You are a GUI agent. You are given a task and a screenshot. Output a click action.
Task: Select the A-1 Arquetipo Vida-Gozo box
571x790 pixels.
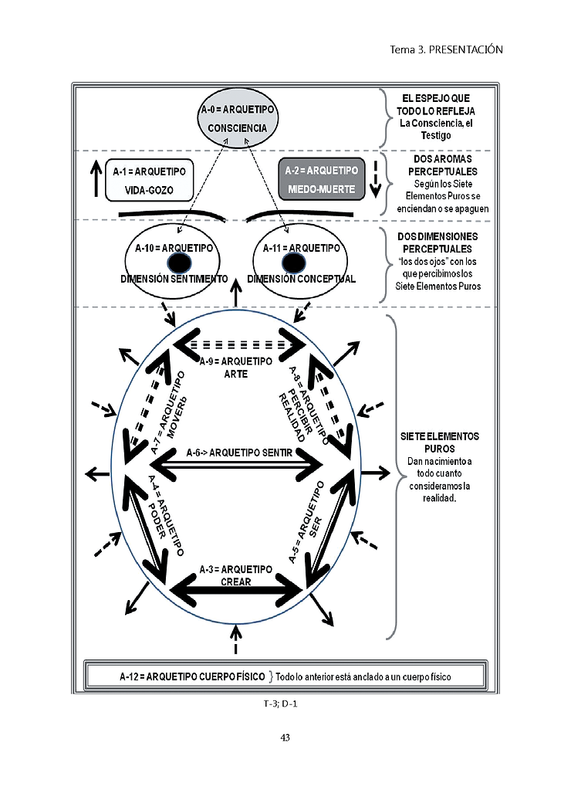150,181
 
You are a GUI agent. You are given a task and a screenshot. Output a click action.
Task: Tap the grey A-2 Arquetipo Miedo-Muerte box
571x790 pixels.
321,179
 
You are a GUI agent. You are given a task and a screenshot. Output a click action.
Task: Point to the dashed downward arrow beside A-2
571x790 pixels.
376,179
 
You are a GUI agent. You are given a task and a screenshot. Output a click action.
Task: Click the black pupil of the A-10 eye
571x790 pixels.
179,263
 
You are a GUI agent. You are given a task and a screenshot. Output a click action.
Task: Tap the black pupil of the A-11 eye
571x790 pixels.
293,263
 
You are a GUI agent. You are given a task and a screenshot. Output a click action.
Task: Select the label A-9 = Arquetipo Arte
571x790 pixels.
235,368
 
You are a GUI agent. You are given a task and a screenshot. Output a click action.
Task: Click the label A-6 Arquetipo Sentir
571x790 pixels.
239,453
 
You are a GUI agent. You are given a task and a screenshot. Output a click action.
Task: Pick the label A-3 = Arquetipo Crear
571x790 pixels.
235,575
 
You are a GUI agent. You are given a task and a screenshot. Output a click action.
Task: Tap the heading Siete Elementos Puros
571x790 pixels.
440,442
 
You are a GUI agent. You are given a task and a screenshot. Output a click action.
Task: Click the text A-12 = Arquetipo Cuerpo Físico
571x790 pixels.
192,676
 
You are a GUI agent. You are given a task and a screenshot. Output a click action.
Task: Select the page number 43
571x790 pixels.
285,737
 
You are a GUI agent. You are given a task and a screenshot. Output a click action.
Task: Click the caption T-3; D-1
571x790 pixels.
280,704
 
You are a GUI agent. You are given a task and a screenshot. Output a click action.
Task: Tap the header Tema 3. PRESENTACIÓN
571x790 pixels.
446,49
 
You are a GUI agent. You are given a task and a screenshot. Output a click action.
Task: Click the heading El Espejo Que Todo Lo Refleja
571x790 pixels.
435,105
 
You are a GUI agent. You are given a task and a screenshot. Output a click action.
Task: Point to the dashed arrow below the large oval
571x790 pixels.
235,639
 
